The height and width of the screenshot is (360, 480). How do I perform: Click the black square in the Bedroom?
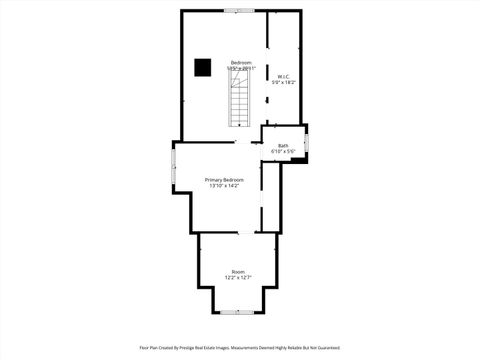point(203,67)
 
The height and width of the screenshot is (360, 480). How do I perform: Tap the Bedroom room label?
point(240,62)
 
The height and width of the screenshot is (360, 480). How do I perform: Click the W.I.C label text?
point(284,76)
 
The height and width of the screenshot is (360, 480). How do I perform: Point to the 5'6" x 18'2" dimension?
point(284,82)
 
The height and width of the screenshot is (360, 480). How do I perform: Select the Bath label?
point(283,146)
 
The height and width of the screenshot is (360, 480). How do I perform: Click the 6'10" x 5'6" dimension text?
point(283,152)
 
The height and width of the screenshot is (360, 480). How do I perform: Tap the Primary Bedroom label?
point(224,180)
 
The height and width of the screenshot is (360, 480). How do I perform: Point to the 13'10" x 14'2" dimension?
point(224,186)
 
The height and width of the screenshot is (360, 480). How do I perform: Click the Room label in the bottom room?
point(238,271)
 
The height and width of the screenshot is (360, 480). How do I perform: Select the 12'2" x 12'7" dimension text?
point(238,277)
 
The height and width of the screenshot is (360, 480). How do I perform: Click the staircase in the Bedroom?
point(240,105)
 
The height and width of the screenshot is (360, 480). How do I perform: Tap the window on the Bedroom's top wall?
point(239,11)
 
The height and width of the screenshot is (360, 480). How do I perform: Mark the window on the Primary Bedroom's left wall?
point(173,166)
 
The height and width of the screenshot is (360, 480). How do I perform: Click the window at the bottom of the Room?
point(238,312)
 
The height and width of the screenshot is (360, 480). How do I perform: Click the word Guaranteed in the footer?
point(329,349)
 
